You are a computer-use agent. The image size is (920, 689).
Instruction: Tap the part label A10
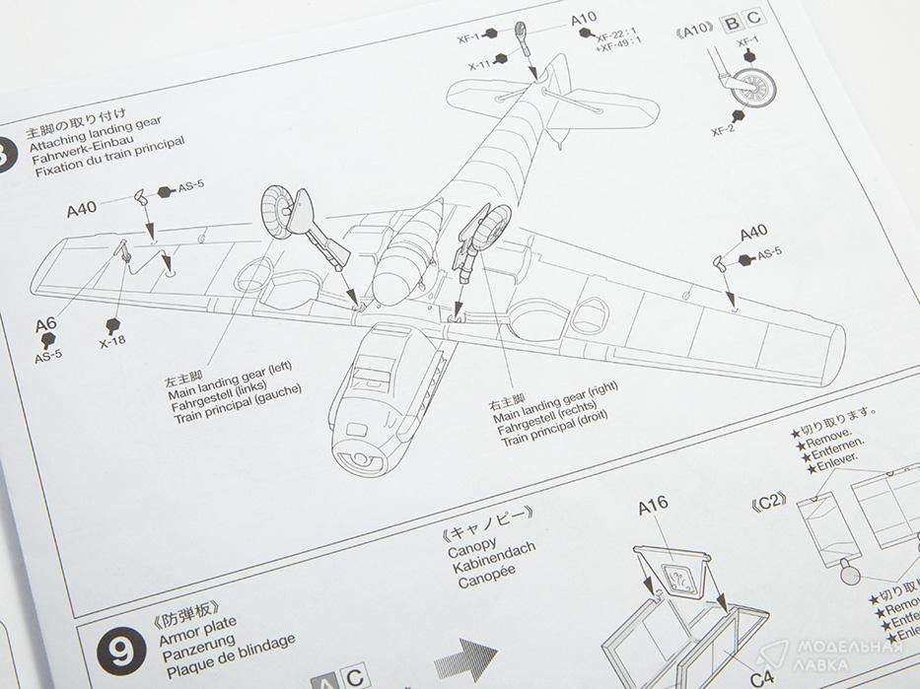click(x=584, y=19)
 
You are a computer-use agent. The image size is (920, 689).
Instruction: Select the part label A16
click(x=653, y=507)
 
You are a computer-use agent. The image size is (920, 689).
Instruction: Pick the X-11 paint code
click(x=480, y=65)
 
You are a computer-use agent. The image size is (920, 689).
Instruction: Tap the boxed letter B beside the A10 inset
click(x=732, y=21)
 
